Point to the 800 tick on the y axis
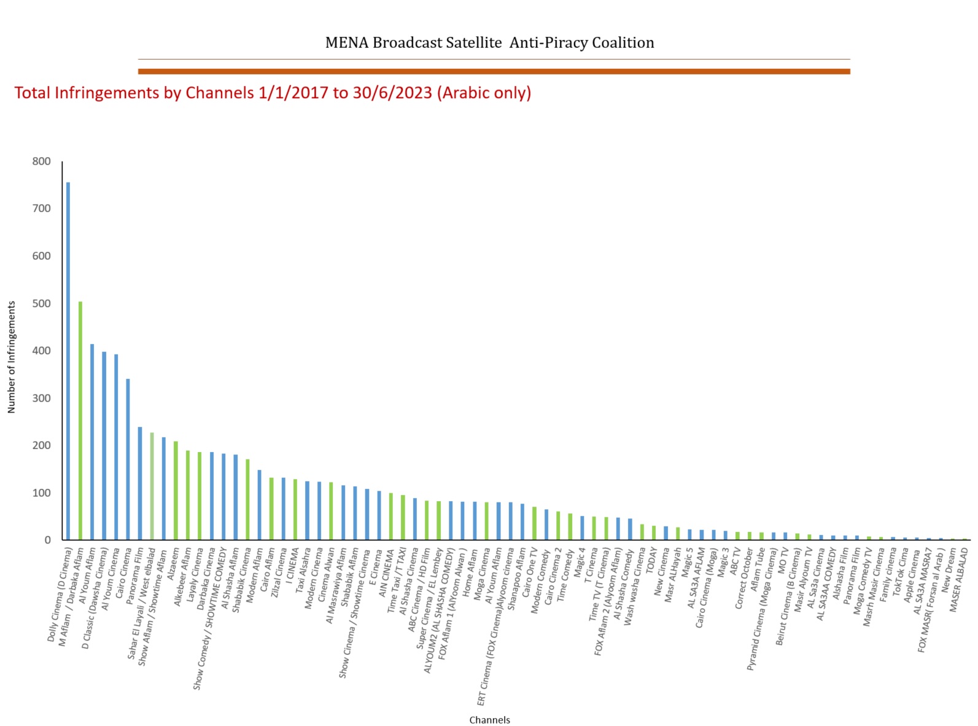point(42,162)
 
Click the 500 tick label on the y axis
point(42,303)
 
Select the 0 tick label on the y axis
point(47,541)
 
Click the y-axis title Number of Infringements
point(11,357)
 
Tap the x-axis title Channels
point(489,720)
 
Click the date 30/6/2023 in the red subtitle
point(392,93)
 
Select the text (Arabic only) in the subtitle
point(484,93)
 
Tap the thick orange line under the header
point(494,71)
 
